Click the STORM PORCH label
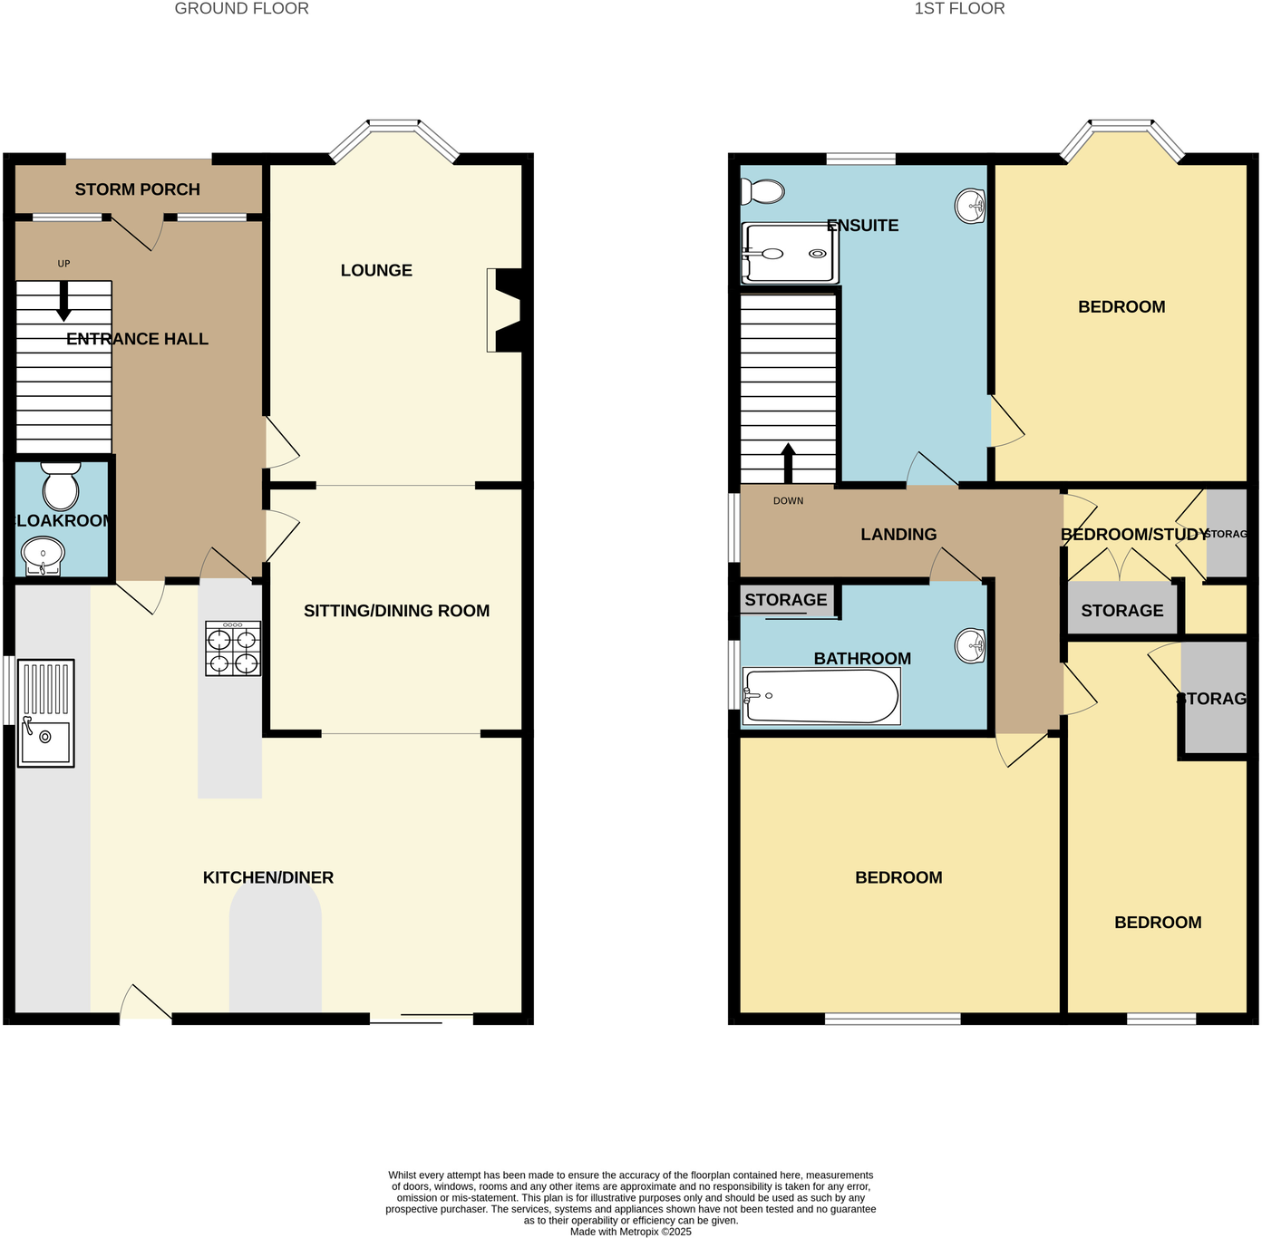pyautogui.click(x=137, y=189)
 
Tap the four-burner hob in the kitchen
pyautogui.click(x=233, y=649)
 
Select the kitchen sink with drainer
pyautogui.click(x=45, y=714)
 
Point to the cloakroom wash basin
pyautogui.click(x=43, y=555)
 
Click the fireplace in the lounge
pyautogui.click(x=505, y=310)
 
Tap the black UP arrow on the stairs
pyautogui.click(x=63, y=302)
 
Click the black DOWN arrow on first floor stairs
pyautogui.click(x=788, y=462)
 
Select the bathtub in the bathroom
pyautogui.click(x=821, y=696)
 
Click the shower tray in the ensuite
pyautogui.click(x=790, y=254)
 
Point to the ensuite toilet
pyautogui.click(x=762, y=191)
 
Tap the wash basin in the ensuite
pyautogui.click(x=971, y=206)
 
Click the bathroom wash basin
pyautogui.click(x=971, y=646)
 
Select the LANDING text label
pyautogui.click(x=898, y=535)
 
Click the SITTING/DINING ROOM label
pyautogui.click(x=396, y=611)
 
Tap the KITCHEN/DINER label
pyautogui.click(x=268, y=877)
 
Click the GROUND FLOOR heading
pyautogui.click(x=241, y=9)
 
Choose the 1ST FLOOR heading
pyautogui.click(x=959, y=9)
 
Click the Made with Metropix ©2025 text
pyautogui.click(x=630, y=1232)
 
